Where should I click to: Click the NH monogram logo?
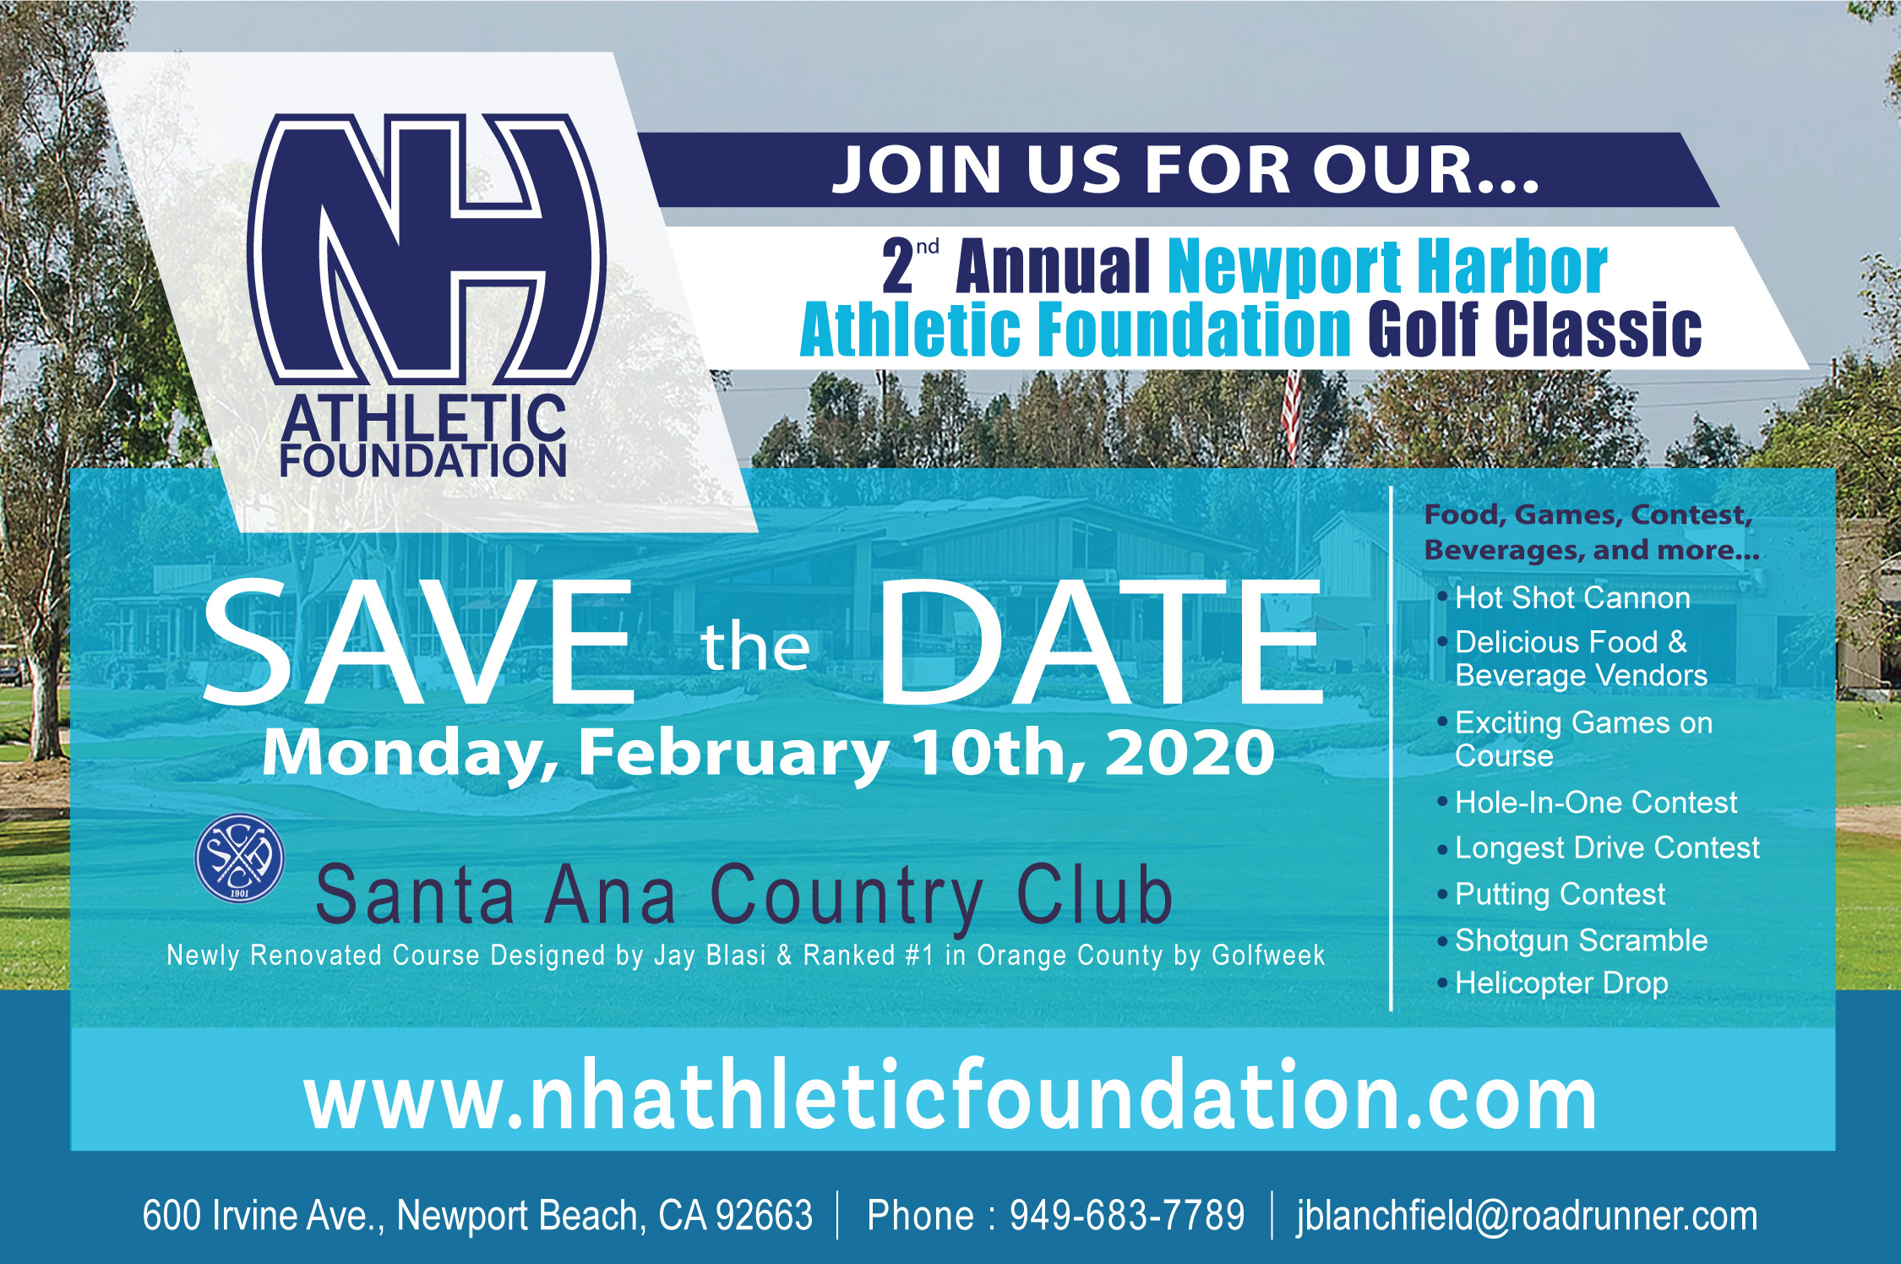tap(427, 249)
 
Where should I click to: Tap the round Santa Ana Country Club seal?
tap(239, 858)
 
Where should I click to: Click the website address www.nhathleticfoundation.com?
tap(950, 1095)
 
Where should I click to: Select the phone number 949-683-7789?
tap(1127, 1215)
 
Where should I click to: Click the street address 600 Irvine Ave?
tap(263, 1216)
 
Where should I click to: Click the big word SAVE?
tap(418, 642)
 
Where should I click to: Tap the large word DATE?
tap(1101, 642)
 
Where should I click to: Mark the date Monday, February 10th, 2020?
tap(768, 752)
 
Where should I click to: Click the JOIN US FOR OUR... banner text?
tap(1185, 170)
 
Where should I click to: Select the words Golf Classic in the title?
tap(1534, 330)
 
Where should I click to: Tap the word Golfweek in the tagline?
tap(1268, 956)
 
